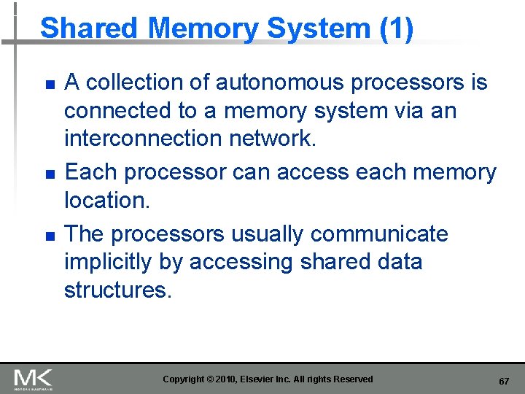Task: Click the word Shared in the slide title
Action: [x=89, y=28]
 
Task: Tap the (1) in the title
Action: [x=396, y=28]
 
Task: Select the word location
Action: [x=106, y=200]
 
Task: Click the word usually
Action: [x=270, y=234]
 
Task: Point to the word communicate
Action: [x=380, y=234]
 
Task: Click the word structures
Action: [x=117, y=290]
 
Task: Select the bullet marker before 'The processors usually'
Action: [x=49, y=236]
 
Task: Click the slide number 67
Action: [x=503, y=382]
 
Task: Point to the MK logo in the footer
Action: [x=33, y=379]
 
